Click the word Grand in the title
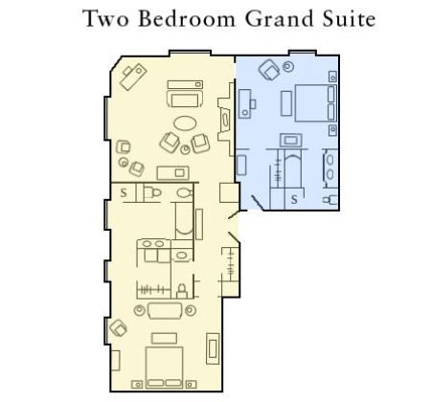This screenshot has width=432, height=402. [280, 19]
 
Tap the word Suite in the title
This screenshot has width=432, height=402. [349, 19]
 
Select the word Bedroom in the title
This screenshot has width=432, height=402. [187, 19]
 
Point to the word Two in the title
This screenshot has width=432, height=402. [105, 19]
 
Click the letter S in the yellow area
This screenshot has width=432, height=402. [124, 192]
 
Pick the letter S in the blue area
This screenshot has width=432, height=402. [294, 199]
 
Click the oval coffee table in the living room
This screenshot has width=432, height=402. [185, 123]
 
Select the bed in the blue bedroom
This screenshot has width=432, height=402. [315, 102]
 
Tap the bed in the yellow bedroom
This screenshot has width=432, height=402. [164, 368]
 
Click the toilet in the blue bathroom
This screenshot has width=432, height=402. [330, 200]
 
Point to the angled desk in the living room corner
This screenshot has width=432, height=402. [133, 77]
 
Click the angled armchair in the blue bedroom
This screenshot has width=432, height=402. [269, 70]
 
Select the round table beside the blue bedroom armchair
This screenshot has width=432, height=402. [288, 67]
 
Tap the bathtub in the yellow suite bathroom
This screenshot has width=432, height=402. [184, 220]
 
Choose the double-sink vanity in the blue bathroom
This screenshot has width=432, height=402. [330, 167]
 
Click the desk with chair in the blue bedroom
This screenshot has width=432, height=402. [246, 103]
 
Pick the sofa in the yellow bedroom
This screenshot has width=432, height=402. [165, 311]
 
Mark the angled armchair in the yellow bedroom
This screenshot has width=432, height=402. [118, 328]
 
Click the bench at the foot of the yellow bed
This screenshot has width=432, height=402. [164, 338]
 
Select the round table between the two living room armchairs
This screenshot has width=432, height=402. [185, 149]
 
